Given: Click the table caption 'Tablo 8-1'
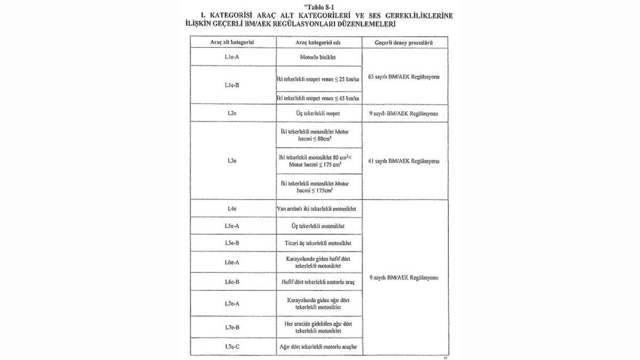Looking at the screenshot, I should tap(319, 6).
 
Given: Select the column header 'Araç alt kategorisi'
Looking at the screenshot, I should tap(233, 42).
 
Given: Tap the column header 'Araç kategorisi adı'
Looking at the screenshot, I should tap(319, 42).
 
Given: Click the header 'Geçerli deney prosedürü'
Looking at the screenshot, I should tap(405, 42).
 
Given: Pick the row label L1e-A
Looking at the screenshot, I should tap(233, 57).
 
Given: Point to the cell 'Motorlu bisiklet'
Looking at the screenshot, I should tap(319, 57).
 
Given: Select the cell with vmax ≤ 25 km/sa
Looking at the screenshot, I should tap(319, 79).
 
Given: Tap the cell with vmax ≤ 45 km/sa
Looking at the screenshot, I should tap(319, 99).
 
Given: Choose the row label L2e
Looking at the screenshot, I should tap(233, 114).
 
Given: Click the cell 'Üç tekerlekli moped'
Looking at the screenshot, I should tap(319, 114).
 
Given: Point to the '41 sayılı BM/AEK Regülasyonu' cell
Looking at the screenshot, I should tap(405, 161).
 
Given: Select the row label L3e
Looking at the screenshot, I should tap(233, 161).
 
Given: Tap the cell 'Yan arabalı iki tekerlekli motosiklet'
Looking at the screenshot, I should tap(319, 209).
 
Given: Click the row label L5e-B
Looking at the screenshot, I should tap(233, 243).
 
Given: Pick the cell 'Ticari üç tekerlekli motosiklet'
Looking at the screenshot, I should tap(319, 243).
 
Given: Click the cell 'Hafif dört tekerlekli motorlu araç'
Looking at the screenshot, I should tap(319, 281).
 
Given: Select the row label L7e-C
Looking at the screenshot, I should tap(233, 348).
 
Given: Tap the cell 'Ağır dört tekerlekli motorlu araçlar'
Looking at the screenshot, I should tap(319, 348).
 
